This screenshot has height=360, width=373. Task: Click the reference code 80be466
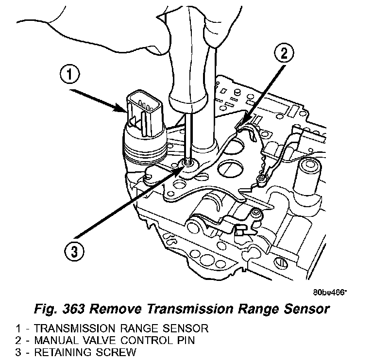coord(329,293)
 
